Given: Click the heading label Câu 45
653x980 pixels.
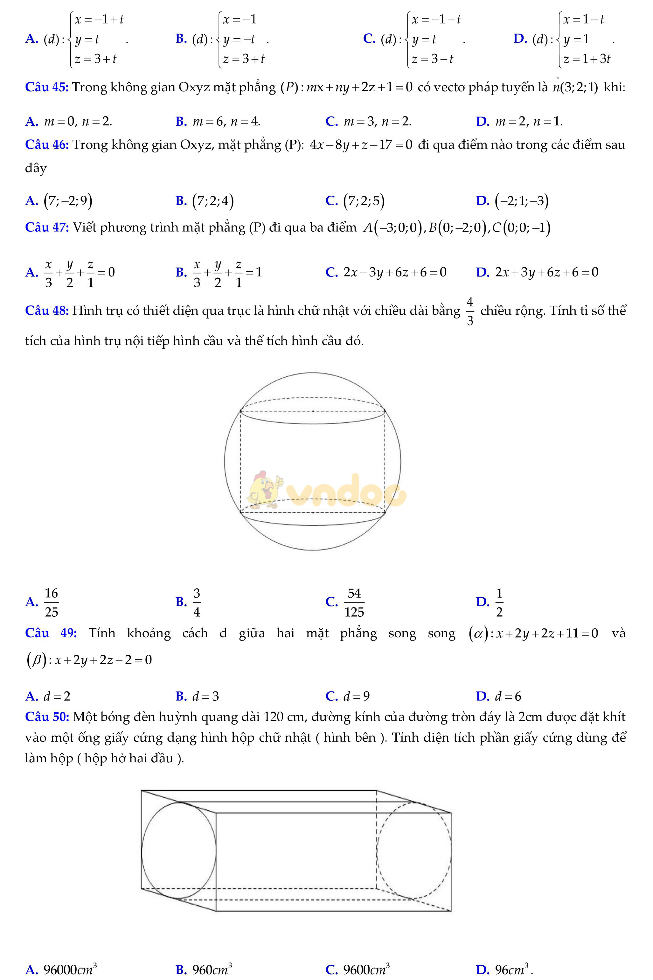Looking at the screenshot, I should [x=47, y=87].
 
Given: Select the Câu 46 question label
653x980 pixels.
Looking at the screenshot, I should [x=47, y=145].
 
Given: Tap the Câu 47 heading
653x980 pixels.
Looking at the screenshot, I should [x=47, y=227].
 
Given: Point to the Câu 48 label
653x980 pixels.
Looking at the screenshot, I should [x=47, y=311].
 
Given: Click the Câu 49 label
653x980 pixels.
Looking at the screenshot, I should [x=51, y=633].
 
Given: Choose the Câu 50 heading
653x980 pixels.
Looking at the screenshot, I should [x=47, y=717].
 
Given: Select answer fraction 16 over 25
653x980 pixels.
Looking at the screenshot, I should [x=51, y=602].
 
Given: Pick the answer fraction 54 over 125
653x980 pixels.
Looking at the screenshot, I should [x=354, y=602].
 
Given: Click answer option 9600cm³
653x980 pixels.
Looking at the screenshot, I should [x=366, y=969].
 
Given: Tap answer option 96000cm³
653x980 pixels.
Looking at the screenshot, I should [x=70, y=969].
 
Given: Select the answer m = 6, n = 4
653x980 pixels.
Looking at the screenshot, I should [x=226, y=122].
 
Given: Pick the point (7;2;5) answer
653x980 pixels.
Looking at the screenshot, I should [x=364, y=201].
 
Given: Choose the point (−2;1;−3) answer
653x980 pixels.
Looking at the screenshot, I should [x=521, y=201].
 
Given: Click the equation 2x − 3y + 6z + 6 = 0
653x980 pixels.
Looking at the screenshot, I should [x=394, y=272].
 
